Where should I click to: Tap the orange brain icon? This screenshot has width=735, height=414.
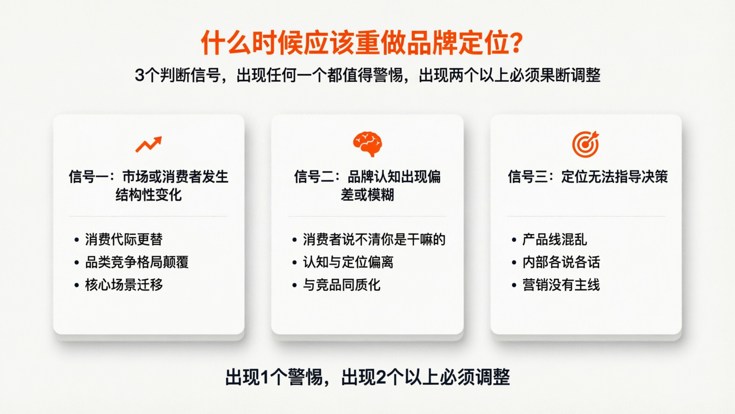click(367, 144)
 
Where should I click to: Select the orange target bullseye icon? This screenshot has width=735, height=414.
click(586, 144)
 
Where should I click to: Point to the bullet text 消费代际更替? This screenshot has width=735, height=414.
click(124, 239)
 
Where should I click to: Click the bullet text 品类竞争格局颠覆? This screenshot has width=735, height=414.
click(137, 262)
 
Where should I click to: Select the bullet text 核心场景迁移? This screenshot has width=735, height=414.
click(124, 285)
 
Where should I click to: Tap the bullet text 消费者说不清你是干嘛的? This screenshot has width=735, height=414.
click(374, 239)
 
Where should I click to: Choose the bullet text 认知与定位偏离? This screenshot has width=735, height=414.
click(348, 262)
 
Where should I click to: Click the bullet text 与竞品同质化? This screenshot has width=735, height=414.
click(341, 285)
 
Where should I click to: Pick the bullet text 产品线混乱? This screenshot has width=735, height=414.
click(555, 239)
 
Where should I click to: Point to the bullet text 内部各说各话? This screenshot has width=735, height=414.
click(561, 262)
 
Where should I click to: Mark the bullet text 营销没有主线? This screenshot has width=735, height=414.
click(561, 285)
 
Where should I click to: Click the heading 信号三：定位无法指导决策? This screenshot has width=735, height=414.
click(588, 176)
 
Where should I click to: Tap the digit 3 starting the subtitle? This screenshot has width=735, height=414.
click(140, 75)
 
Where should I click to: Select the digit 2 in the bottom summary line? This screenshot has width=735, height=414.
click(381, 377)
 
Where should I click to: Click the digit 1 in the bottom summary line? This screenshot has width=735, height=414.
click(265, 377)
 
